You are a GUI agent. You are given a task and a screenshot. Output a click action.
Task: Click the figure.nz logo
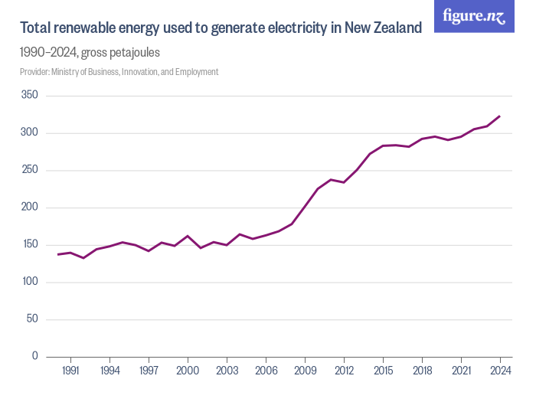(475, 16)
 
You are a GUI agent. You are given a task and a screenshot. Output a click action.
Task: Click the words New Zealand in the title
(382, 28)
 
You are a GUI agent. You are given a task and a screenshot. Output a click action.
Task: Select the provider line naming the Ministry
(119, 72)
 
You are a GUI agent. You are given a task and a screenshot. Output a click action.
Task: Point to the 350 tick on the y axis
(29, 96)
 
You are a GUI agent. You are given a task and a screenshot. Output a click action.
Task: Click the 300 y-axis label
(29, 133)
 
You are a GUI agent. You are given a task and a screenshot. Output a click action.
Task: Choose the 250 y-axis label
(29, 170)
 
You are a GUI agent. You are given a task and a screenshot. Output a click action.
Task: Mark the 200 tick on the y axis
(29, 208)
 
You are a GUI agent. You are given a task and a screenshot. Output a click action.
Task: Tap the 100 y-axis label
(29, 282)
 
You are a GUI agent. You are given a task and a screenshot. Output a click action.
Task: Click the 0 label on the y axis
(34, 356)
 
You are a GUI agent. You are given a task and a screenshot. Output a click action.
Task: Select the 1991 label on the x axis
(70, 371)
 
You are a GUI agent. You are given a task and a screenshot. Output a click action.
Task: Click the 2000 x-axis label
(188, 371)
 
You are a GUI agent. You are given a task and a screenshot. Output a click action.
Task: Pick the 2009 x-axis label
(305, 371)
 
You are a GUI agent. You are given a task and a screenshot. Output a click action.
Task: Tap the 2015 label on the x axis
(383, 371)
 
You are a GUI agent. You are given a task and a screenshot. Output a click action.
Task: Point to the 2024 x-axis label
(500, 371)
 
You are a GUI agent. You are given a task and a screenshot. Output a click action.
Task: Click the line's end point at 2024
(500, 116)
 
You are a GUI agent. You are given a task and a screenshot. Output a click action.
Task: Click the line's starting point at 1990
(57, 254)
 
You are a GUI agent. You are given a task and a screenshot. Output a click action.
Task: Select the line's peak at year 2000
(188, 236)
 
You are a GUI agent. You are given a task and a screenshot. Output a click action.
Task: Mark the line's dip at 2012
(344, 182)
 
